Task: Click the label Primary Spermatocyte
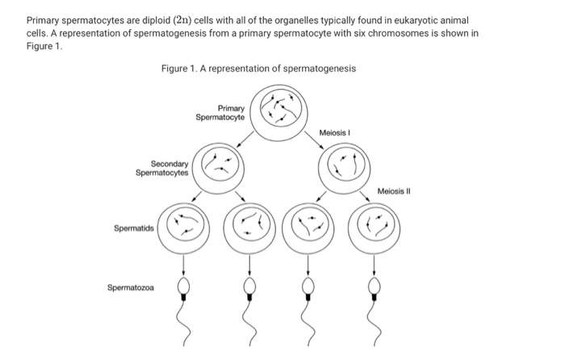[x=221, y=112]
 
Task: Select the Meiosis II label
[x=394, y=191]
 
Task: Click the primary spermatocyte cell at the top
[x=278, y=107]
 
